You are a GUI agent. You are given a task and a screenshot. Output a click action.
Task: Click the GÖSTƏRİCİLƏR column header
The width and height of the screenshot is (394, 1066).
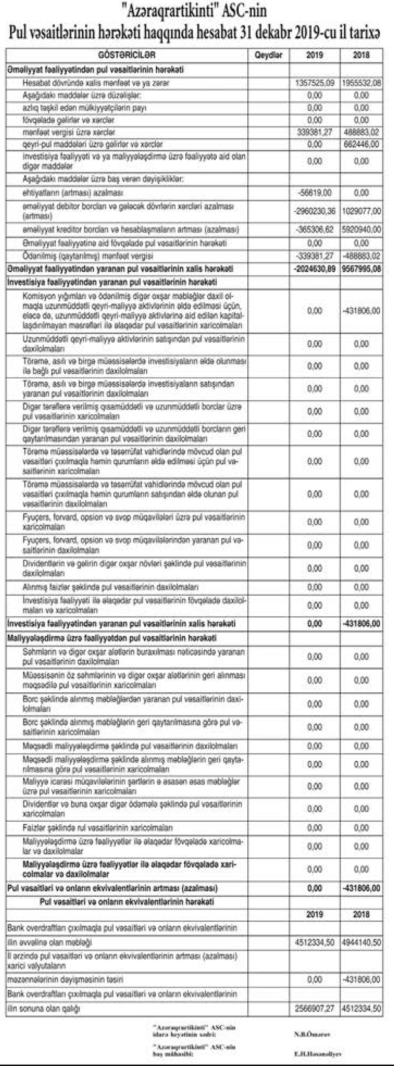click(127, 55)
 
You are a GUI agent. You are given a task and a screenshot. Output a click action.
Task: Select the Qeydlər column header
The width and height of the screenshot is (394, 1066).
click(268, 55)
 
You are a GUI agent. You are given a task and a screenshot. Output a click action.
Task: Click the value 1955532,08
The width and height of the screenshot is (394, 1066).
click(361, 83)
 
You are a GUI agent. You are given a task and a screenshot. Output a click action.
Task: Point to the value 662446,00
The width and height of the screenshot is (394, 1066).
click(361, 144)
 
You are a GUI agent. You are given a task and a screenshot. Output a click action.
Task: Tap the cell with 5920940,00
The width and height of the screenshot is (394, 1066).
click(361, 229)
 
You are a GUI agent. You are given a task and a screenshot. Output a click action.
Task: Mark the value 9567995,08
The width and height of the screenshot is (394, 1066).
click(361, 269)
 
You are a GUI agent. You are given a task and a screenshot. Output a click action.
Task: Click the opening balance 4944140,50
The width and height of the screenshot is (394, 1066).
click(361, 942)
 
